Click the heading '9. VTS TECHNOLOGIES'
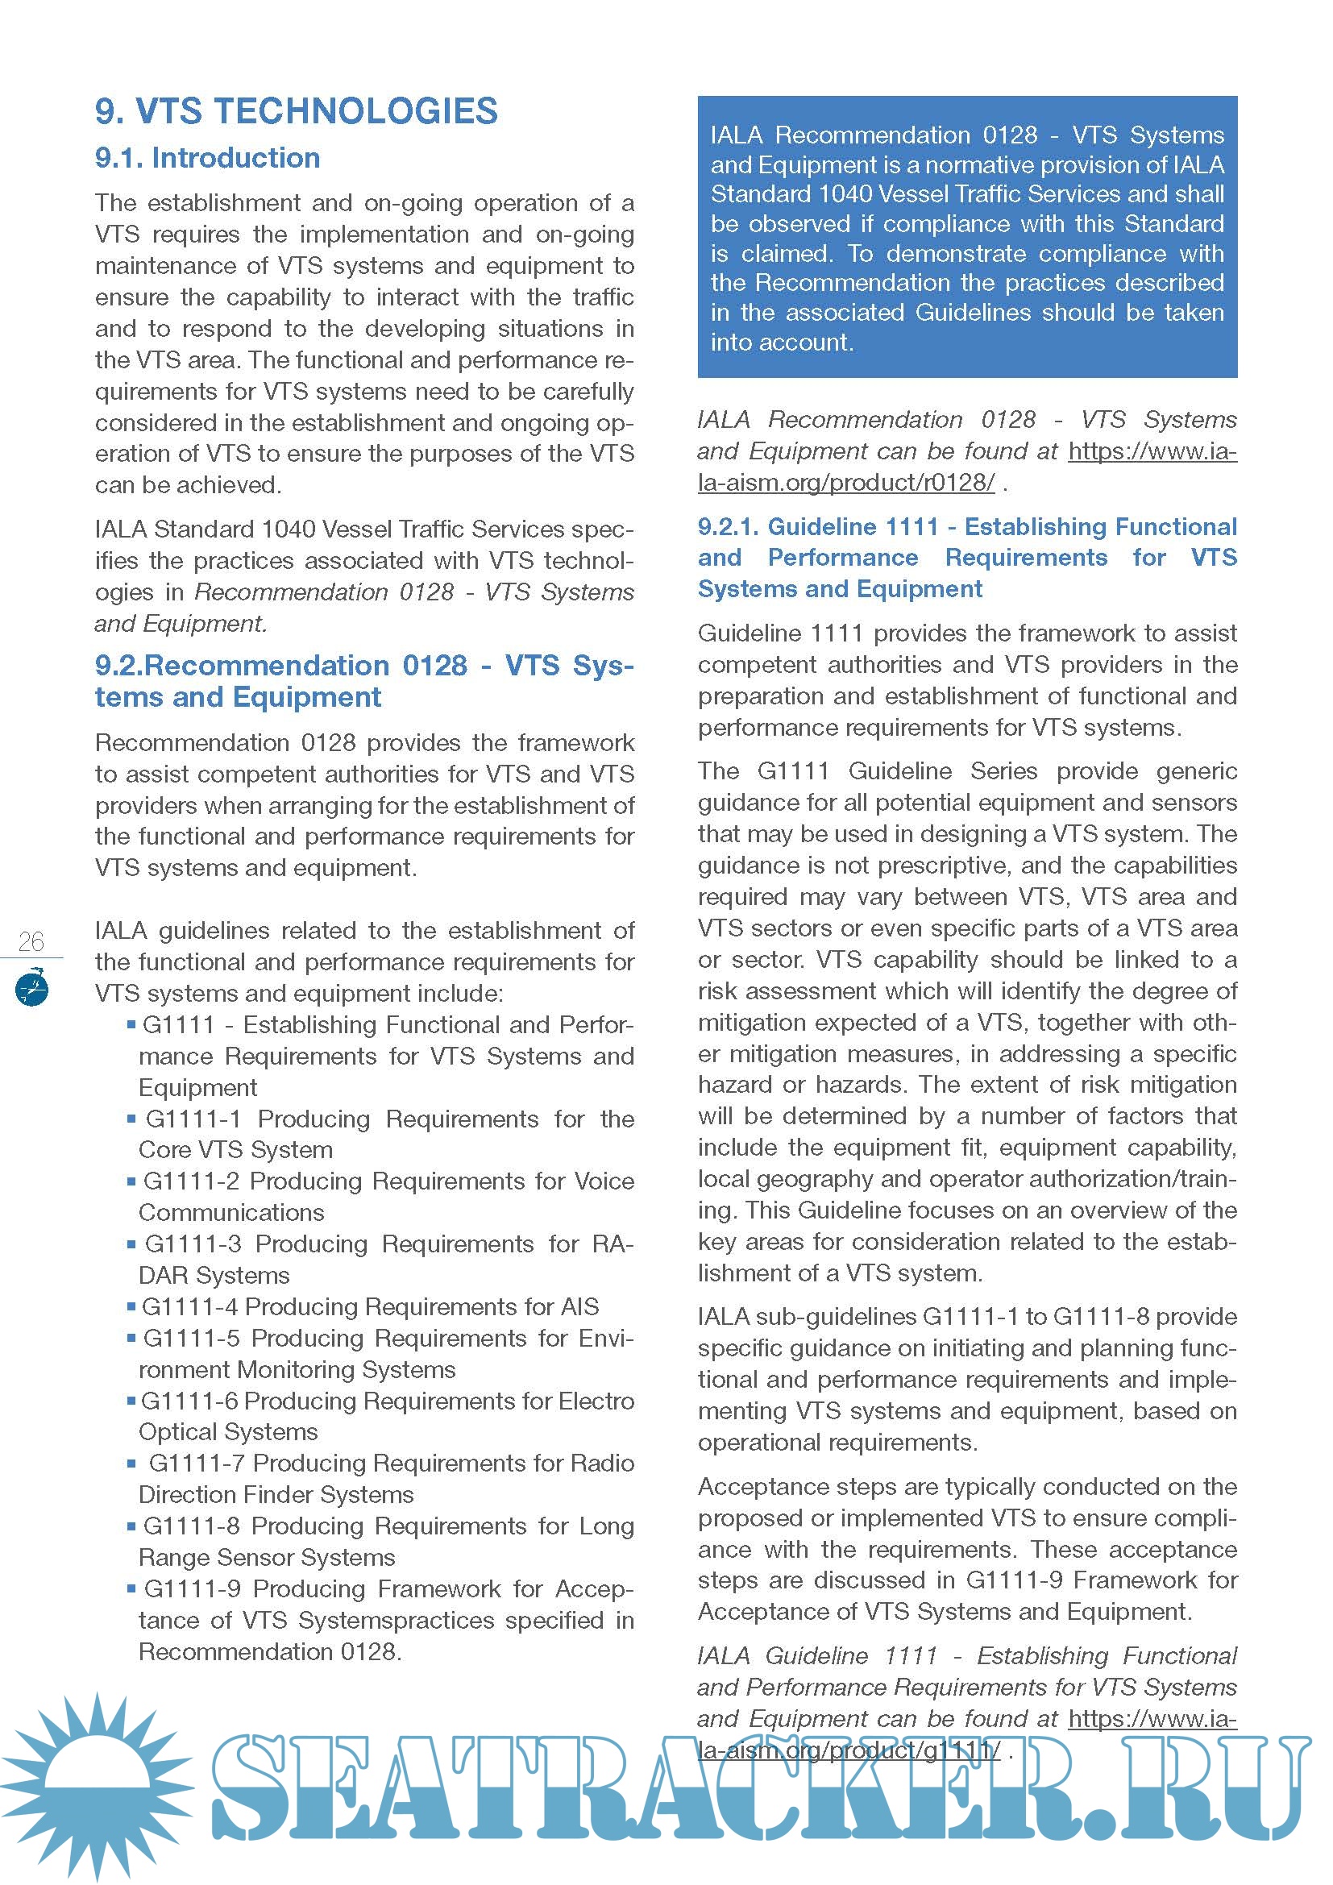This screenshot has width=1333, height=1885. [297, 112]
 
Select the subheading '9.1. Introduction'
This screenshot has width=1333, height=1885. [208, 158]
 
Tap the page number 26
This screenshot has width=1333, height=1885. [31, 940]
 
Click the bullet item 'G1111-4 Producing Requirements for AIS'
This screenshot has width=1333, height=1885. [370, 1306]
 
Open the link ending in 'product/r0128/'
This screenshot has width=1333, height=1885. [846, 483]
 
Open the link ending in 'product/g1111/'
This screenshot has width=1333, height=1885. [849, 1750]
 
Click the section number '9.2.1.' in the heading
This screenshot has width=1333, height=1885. [726, 526]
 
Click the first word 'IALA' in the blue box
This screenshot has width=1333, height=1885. [737, 135]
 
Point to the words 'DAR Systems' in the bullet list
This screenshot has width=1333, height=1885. [214, 1275]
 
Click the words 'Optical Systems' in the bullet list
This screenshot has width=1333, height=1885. [228, 1432]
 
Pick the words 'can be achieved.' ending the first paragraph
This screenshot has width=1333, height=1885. [188, 485]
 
